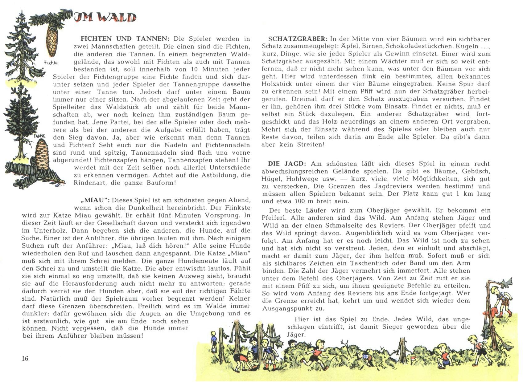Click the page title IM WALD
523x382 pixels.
(105, 17)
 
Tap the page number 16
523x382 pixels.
(25, 358)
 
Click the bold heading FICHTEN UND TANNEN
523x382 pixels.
(125, 39)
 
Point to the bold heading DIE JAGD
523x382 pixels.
(287, 164)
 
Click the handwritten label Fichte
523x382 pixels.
(51, 63)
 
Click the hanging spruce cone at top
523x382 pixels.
(52, 40)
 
